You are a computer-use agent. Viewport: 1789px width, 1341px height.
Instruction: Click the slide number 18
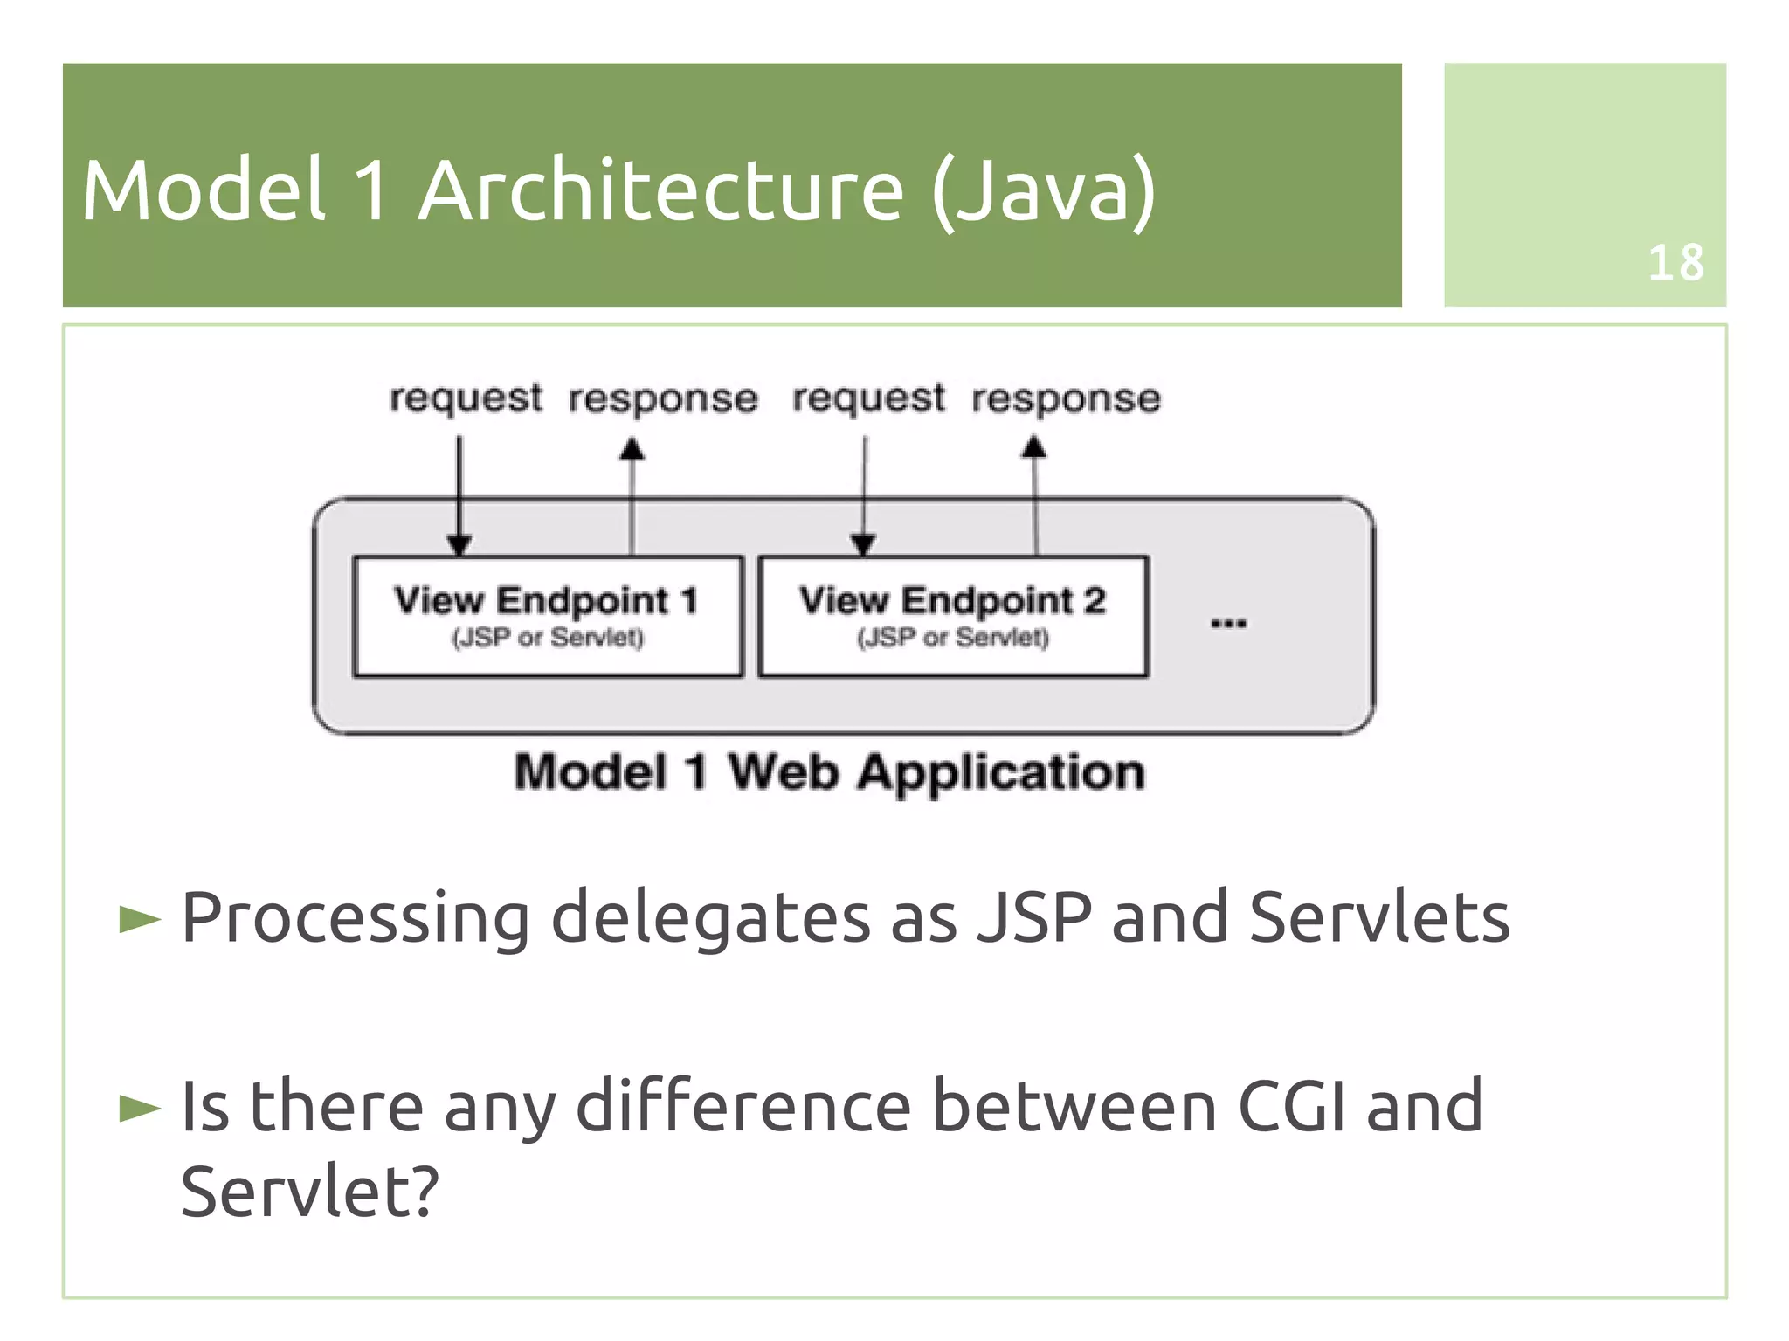[x=1675, y=262]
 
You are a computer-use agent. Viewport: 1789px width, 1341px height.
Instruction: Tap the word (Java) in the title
[x=1043, y=192]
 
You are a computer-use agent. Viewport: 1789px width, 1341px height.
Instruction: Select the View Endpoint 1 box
[x=548, y=616]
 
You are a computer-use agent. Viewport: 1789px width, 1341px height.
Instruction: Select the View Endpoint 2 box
[x=952, y=616]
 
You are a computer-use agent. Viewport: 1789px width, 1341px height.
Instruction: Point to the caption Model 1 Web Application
[x=828, y=772]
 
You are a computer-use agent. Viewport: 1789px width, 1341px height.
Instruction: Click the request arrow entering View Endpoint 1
[x=459, y=494]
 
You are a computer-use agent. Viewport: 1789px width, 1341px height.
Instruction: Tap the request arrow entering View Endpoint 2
[x=864, y=494]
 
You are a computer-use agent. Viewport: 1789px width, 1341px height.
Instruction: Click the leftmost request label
[x=465, y=398]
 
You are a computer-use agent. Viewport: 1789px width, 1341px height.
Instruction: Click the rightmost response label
[x=1066, y=398]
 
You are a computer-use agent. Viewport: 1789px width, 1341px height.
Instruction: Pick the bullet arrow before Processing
[x=140, y=919]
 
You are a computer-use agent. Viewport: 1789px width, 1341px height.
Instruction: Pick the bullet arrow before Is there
[x=140, y=1108]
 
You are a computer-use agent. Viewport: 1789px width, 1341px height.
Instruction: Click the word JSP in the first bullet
[x=1033, y=917]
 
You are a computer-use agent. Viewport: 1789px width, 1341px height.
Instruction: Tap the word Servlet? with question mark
[x=308, y=1191]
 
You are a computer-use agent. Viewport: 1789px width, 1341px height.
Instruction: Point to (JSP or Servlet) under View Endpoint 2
[x=952, y=637]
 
